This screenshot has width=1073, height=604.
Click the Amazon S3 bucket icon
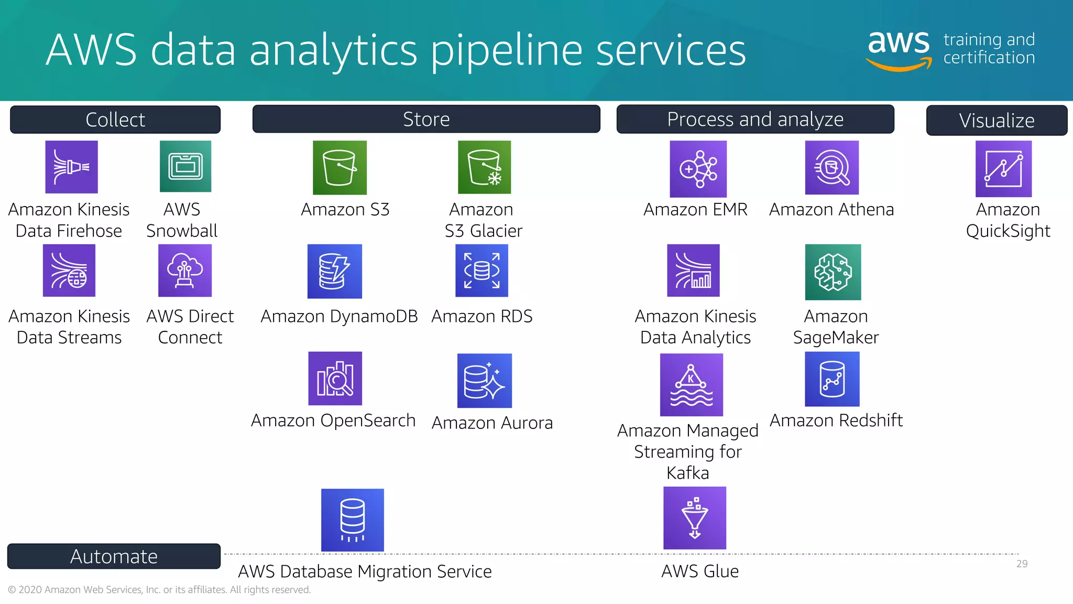pos(340,168)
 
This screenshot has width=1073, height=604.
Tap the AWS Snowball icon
pos(185,166)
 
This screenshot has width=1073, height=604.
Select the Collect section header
pos(115,120)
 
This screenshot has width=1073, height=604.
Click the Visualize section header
pos(997,121)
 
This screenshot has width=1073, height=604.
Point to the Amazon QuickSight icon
pos(1003,169)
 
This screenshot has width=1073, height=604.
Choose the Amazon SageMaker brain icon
pos(833,272)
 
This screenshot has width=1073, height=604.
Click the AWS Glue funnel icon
pos(695,518)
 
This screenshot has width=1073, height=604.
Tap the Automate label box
pos(114,556)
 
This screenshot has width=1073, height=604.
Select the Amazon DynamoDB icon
pos(335,271)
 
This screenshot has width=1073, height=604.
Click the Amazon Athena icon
pos(831,168)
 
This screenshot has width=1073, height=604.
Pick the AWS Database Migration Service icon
pos(352,520)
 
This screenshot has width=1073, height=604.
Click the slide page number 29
pos(1022,564)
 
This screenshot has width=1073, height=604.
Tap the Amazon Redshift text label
pos(836,420)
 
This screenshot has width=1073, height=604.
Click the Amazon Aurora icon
pos(484,381)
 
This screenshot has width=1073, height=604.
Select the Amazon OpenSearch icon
pos(335,379)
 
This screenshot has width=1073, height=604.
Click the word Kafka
pos(687,473)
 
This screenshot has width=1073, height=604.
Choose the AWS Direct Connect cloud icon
pos(185,271)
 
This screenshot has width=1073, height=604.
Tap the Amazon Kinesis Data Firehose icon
pos(71,167)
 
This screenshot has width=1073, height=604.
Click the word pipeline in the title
pos(506,50)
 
